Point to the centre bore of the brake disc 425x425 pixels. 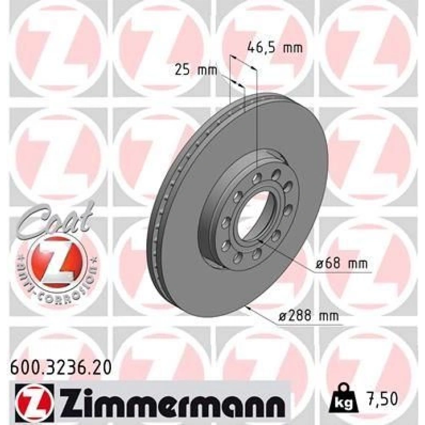[253, 215]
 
